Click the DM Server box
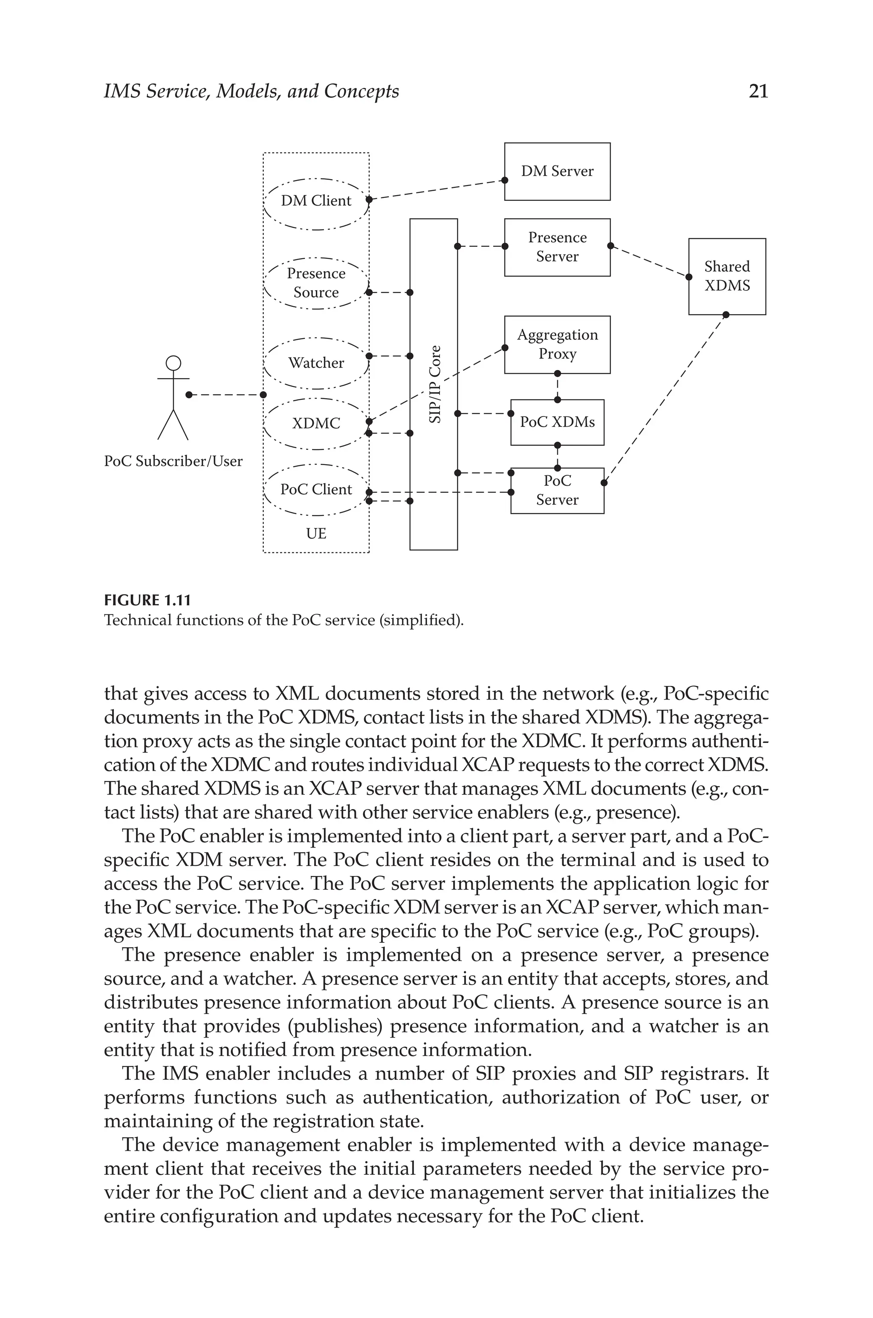tap(557, 171)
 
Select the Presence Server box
tap(557, 247)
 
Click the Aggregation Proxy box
tap(557, 344)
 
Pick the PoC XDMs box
tap(557, 422)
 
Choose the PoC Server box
tap(557, 490)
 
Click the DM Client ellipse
tap(316, 200)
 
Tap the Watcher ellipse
tap(316, 363)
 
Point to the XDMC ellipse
tap(316, 424)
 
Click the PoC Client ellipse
tap(316, 489)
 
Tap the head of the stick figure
tap(174, 363)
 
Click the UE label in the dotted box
tap(316, 533)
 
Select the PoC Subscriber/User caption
tap(173, 461)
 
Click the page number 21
tap(758, 91)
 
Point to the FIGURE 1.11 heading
tap(147, 601)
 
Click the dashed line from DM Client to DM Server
tap(437, 190)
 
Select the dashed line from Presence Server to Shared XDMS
tap(649, 260)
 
